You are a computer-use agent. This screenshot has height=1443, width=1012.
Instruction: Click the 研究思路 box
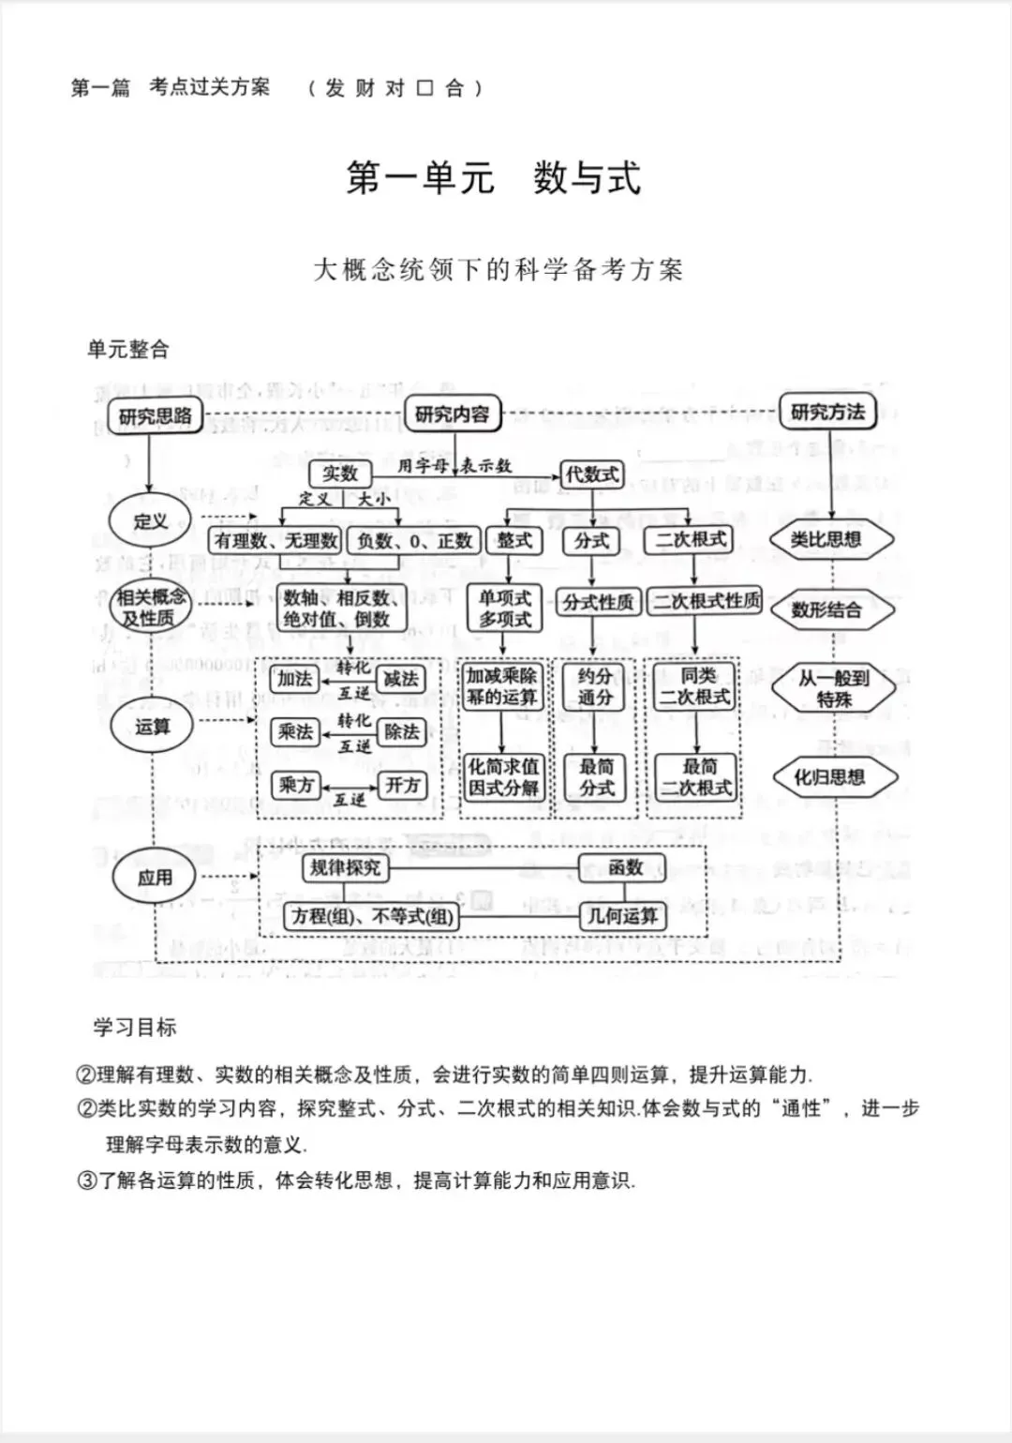155,415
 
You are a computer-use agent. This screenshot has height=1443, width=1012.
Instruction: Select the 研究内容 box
452,413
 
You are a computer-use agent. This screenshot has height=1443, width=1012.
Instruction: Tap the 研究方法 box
827,412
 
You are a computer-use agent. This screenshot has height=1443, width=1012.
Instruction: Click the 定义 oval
150,520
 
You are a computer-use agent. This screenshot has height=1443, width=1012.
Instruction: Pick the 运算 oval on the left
152,726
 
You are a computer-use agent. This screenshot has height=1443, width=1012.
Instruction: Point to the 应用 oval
155,878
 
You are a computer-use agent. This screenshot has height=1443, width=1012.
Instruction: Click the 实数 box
340,473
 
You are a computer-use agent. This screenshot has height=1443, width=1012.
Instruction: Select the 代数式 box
591,473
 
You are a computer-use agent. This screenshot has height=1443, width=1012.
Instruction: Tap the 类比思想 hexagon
829,539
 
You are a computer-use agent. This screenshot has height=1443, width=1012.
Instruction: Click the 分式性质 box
597,602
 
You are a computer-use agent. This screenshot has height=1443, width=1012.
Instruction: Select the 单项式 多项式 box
505,608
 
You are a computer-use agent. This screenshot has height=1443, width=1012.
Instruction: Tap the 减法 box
401,679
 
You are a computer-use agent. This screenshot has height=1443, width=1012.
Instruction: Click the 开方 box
403,785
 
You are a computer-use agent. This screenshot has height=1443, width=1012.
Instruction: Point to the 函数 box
624,867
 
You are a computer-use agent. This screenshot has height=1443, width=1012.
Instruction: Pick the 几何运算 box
622,915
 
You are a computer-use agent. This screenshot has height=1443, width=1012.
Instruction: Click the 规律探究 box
346,867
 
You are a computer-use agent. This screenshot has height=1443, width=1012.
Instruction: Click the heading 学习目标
134,1027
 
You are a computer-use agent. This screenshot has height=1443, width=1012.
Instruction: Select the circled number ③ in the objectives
86,1180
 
